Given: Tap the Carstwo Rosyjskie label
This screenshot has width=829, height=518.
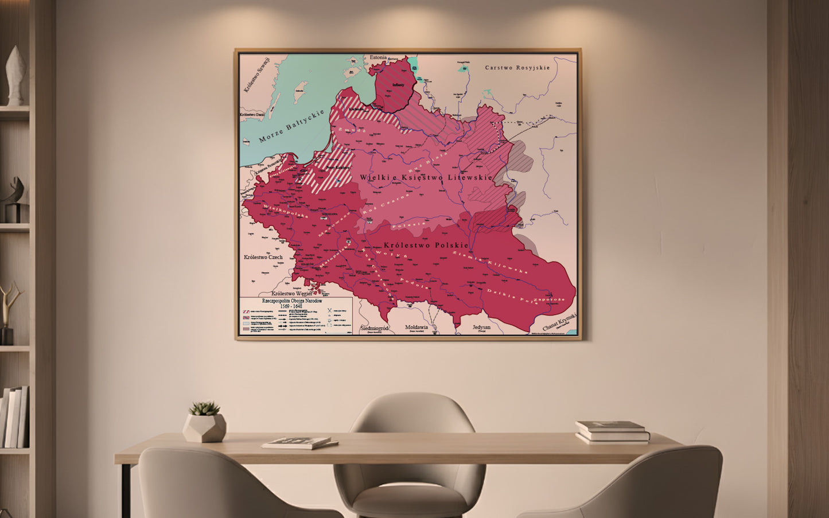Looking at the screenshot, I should click(517, 68).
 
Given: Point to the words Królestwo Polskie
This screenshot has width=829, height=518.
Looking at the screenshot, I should click(426, 245).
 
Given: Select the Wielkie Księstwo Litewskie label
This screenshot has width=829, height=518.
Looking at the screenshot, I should click(426, 177).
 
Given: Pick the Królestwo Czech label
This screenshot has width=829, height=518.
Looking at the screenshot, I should click(263, 258).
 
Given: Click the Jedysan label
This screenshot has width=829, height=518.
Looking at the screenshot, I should click(481, 328).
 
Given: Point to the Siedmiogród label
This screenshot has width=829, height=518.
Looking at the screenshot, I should click(375, 328).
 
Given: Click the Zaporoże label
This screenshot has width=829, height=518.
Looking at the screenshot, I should click(549, 299).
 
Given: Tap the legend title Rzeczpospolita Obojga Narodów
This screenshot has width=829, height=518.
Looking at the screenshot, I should click(292, 301).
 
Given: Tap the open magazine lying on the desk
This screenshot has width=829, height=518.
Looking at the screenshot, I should click(299, 442).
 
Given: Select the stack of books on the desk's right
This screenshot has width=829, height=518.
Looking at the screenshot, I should click(612, 432).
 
